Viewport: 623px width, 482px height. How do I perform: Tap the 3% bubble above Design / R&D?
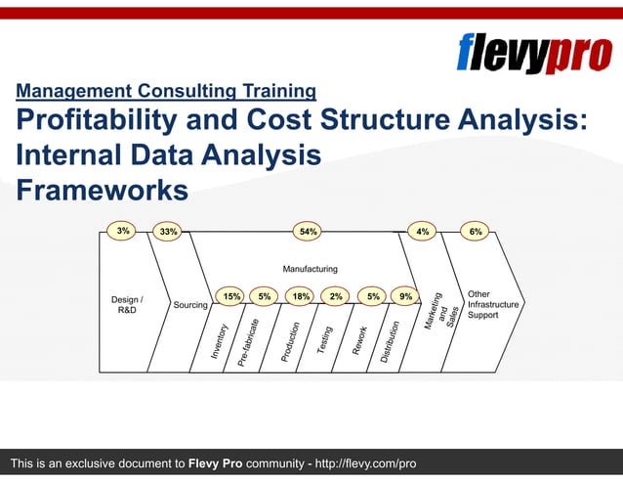point(123,231)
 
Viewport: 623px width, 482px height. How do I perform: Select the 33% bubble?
point(168,232)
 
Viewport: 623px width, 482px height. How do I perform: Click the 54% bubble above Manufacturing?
point(309,232)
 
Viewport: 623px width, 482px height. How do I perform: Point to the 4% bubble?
point(423,232)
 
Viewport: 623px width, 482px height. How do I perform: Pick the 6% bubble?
point(476,232)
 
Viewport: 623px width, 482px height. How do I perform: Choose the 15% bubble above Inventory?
point(232,295)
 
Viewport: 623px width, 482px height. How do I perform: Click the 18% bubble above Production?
point(301,295)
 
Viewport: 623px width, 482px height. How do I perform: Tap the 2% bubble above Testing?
point(336,295)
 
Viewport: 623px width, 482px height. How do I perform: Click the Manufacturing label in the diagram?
point(310,268)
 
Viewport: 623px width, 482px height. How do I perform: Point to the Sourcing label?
point(190,305)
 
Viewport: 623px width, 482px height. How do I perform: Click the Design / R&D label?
point(127,304)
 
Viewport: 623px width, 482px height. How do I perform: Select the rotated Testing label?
point(326,340)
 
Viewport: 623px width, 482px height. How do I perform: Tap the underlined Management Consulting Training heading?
point(166,92)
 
